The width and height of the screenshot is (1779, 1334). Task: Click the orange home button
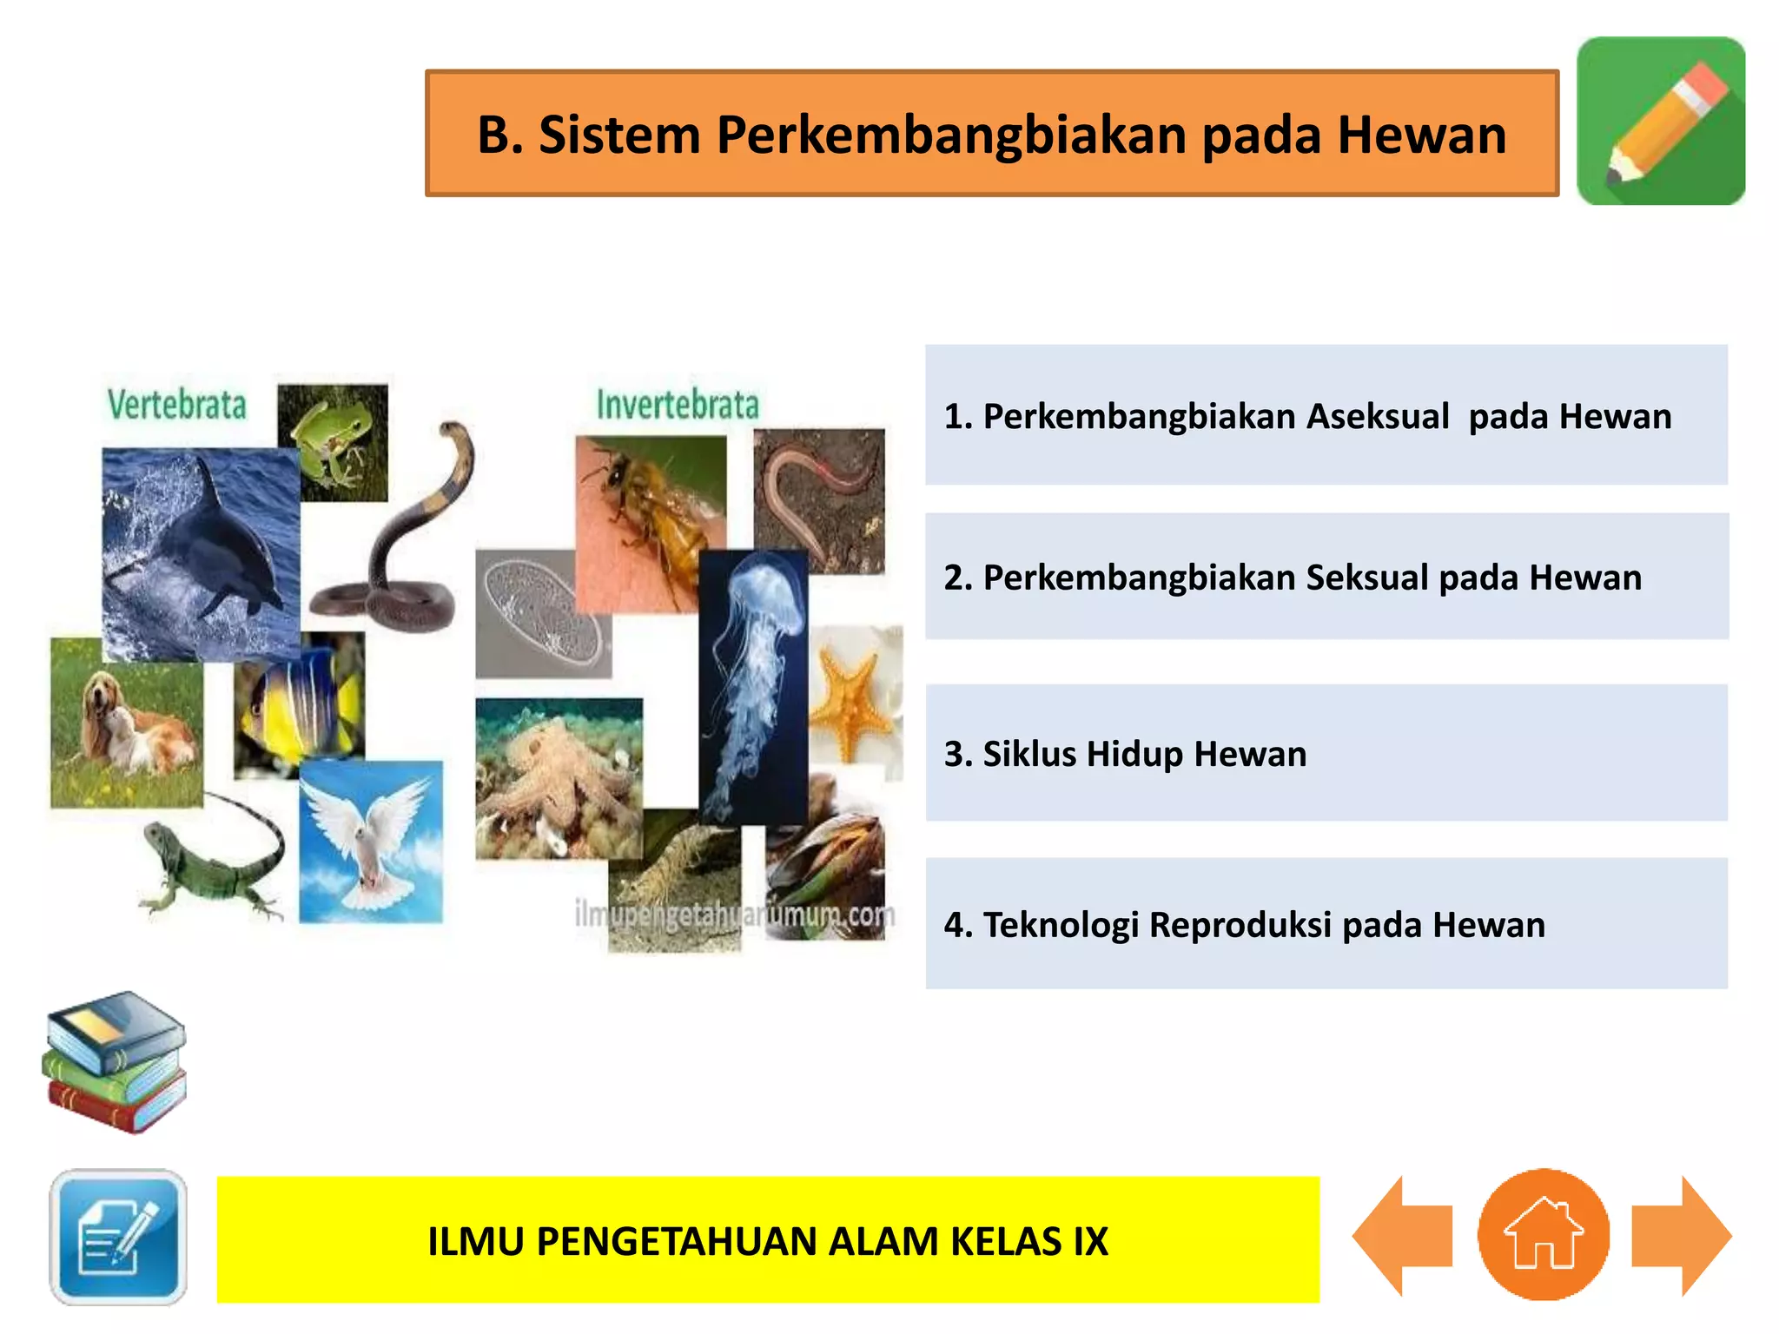coord(1543,1234)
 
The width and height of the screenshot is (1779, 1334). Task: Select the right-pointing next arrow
coord(1678,1236)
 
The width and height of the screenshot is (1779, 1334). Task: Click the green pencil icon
coord(1660,121)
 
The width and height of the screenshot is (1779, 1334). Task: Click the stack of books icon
coord(115,1061)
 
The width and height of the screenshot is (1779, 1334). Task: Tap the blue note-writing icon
coord(118,1236)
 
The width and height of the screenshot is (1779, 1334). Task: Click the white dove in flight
coord(371,841)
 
